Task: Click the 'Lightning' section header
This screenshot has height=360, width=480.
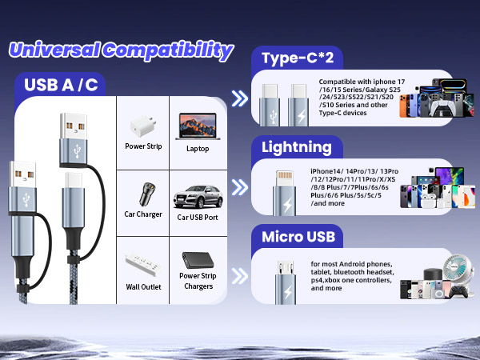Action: click(297, 147)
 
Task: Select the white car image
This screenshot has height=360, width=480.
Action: click(197, 195)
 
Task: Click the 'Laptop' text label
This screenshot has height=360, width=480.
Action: click(198, 148)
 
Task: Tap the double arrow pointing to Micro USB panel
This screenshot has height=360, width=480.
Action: click(238, 276)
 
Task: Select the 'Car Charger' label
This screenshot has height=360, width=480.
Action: click(143, 214)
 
